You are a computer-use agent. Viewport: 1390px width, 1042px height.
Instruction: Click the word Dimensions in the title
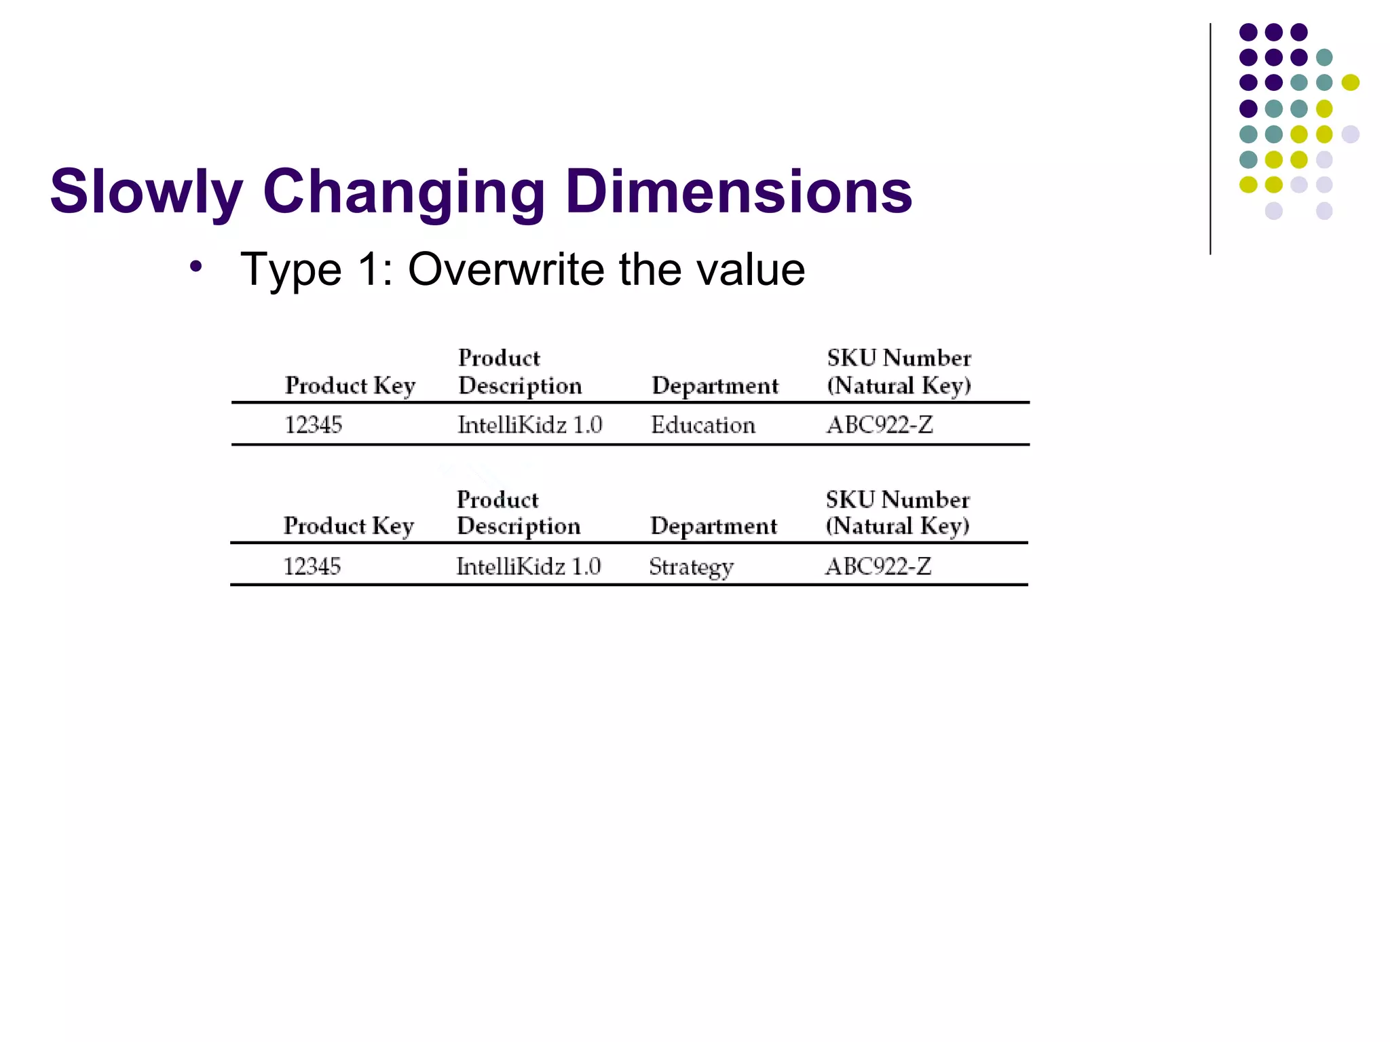click(738, 193)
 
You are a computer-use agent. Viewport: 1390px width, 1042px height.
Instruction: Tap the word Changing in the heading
click(404, 193)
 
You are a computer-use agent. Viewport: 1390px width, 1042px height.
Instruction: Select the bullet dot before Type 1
click(196, 267)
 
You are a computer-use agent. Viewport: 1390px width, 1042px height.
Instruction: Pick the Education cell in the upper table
click(702, 425)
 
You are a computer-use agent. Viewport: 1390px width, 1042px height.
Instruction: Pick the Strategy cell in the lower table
click(691, 567)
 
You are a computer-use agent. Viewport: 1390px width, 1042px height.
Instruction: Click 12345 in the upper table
click(313, 425)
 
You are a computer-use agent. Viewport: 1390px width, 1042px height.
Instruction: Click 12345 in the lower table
click(312, 566)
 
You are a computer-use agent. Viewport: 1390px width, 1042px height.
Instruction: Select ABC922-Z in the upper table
click(880, 425)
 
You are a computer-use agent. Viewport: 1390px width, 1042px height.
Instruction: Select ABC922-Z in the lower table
click(878, 566)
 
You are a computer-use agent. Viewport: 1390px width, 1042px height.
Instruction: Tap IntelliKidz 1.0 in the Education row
click(529, 425)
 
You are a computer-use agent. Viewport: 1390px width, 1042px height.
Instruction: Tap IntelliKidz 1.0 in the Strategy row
click(528, 566)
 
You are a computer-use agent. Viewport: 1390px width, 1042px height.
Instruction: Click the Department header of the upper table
click(715, 386)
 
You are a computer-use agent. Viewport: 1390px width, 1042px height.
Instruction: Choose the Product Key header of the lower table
click(348, 526)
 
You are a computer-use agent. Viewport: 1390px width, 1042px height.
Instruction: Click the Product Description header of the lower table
click(518, 513)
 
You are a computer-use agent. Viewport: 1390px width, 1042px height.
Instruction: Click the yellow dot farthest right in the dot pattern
click(1350, 83)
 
